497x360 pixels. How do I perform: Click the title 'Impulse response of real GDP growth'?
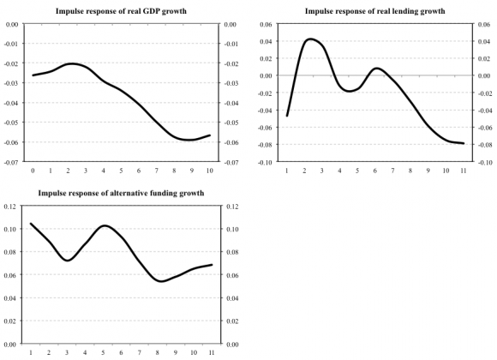[121, 10]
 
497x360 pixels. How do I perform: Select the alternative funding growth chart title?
[121, 194]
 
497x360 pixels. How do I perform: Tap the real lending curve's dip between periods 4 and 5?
[350, 90]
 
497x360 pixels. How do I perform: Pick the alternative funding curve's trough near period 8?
[160, 281]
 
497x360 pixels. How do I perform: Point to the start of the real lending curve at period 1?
[287, 115]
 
